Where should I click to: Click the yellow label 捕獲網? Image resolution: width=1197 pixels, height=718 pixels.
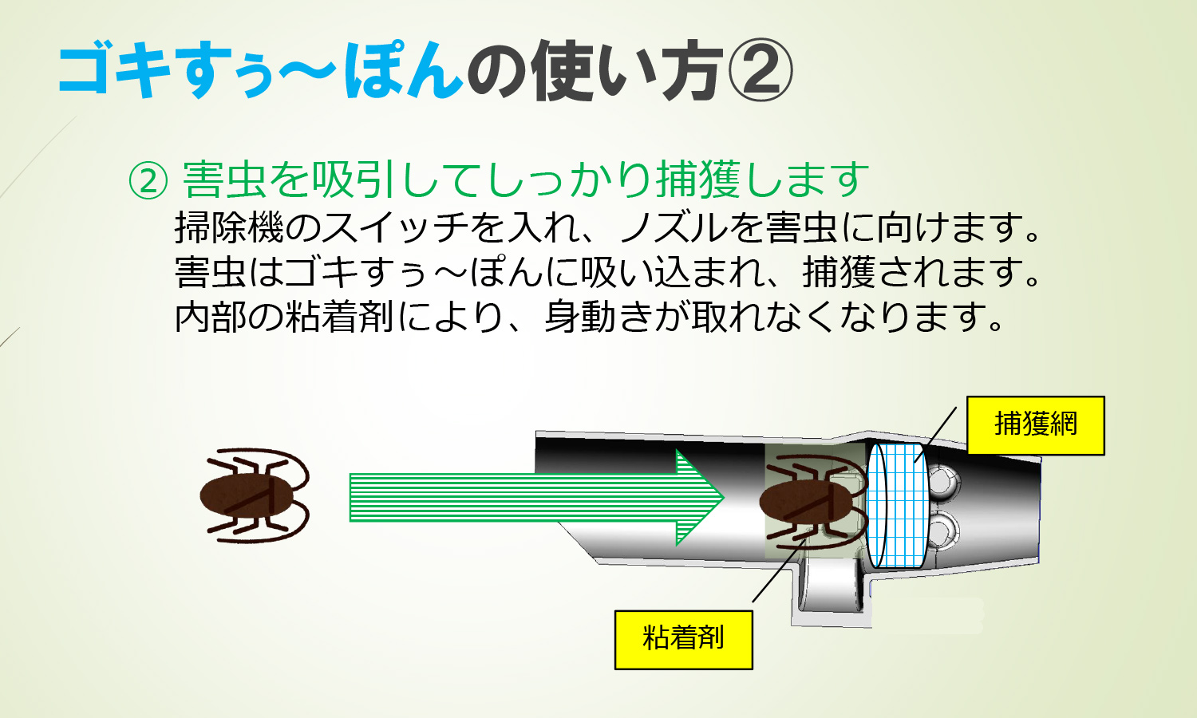(1036, 425)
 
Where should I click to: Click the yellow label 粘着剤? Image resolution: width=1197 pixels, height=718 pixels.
(683, 640)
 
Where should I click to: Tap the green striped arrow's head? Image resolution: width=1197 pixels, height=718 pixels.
(700, 497)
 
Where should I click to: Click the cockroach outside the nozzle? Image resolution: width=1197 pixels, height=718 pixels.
(255, 495)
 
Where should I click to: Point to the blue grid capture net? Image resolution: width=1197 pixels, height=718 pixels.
(898, 505)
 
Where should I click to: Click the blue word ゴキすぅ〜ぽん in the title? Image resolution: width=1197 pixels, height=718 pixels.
(260, 69)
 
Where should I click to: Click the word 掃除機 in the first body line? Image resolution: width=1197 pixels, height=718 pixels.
(229, 227)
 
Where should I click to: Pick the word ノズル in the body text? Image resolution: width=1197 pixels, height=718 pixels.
(674, 227)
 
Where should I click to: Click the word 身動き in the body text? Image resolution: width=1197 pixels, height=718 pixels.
(598, 317)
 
